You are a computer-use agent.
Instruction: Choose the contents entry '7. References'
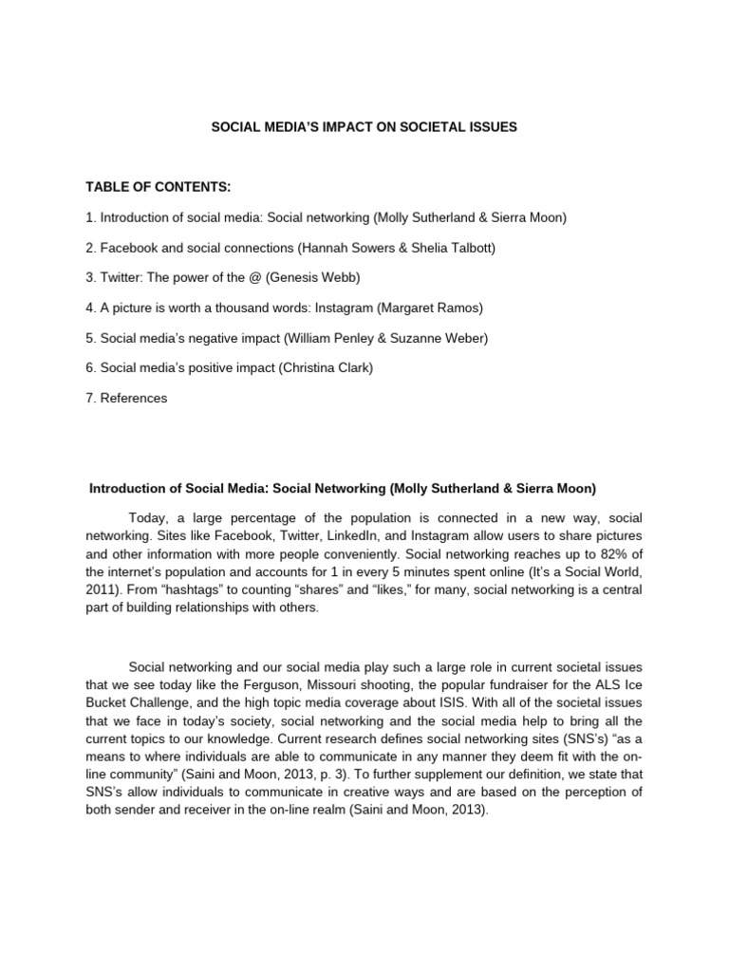pyautogui.click(x=125, y=398)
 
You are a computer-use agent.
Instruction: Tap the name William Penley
pyautogui.click(x=334, y=337)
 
